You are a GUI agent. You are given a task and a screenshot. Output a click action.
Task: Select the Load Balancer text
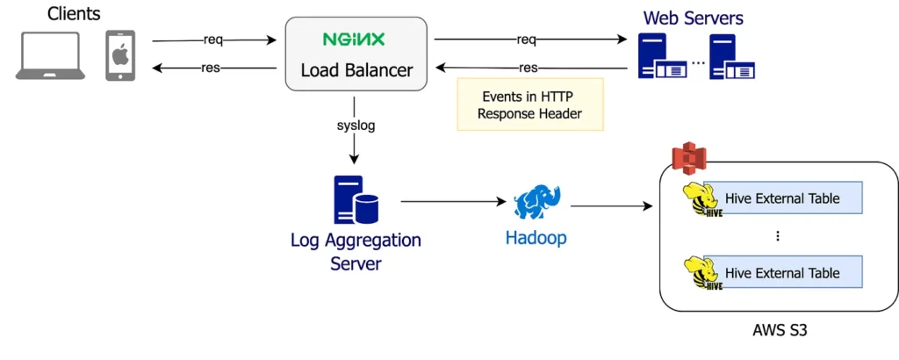click(356, 69)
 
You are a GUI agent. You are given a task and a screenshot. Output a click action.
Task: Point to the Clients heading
click(74, 14)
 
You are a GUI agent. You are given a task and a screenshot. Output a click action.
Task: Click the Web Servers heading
click(693, 18)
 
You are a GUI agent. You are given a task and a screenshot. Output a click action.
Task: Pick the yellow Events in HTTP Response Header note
click(531, 105)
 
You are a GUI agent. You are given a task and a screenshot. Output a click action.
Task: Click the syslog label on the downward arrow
click(356, 126)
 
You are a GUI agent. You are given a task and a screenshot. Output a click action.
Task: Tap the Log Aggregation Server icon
click(356, 200)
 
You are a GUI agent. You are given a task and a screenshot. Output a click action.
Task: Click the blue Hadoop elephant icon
click(536, 203)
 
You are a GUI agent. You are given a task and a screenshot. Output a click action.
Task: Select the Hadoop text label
click(536, 238)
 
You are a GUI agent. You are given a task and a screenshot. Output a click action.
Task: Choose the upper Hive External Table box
click(781, 198)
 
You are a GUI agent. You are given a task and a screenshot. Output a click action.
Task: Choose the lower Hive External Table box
click(781, 273)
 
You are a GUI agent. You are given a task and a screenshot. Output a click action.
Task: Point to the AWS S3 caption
click(777, 332)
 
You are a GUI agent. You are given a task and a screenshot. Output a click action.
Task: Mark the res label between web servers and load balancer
click(528, 68)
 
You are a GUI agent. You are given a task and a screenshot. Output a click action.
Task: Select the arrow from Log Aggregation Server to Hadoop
click(452, 202)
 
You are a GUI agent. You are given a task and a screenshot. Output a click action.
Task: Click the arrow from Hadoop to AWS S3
click(612, 207)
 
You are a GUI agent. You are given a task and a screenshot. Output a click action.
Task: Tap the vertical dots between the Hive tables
click(778, 236)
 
